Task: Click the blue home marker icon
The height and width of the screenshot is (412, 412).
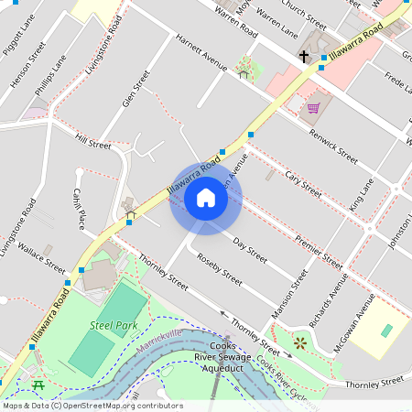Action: coord(206,198)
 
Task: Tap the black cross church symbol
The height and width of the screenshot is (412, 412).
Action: coord(303,57)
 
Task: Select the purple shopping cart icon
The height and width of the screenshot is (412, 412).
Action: coord(313,108)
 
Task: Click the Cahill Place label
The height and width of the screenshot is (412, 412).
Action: coord(79,208)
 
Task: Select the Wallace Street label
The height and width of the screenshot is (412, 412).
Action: coord(42,259)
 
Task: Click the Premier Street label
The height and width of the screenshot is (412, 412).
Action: coord(319,254)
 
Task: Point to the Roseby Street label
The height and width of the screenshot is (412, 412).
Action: coord(220,267)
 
